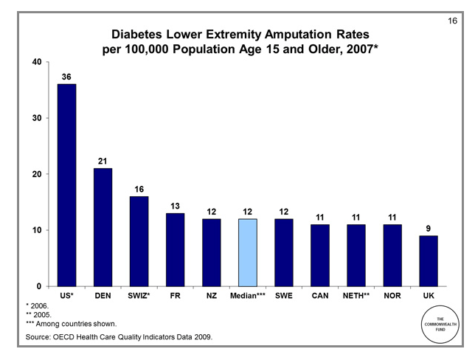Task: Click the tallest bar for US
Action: (x=66, y=184)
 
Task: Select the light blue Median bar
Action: (x=247, y=252)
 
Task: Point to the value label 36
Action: (x=66, y=76)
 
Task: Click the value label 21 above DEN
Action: (x=103, y=160)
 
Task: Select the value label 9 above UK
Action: (x=428, y=228)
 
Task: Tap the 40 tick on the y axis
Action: (x=36, y=62)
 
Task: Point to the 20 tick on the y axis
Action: (x=36, y=174)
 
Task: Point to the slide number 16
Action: (x=453, y=20)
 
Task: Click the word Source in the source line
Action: (x=38, y=338)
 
